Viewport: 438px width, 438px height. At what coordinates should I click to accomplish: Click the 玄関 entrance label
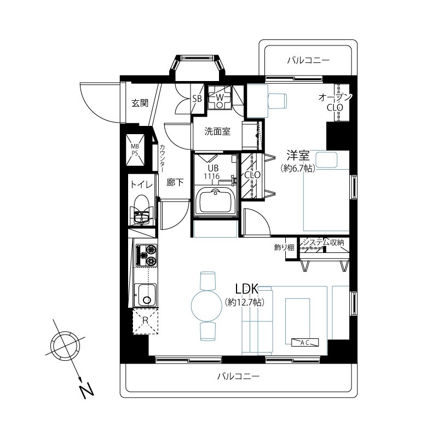pos(140,103)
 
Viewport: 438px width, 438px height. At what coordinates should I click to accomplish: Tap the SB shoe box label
pos(197,99)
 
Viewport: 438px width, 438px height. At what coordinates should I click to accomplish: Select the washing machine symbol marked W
pos(220,97)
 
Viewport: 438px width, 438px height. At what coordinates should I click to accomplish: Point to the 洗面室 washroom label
pos(217,131)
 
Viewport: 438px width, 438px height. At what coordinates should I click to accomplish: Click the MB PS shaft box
pos(135,149)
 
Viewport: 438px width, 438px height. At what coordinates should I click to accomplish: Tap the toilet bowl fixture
pos(142,210)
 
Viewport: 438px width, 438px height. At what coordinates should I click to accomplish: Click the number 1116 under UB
pos(211,176)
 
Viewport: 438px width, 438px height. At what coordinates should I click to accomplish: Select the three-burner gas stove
pos(146,255)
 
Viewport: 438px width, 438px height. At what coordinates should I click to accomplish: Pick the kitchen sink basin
pos(145,295)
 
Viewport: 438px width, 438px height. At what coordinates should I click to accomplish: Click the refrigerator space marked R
pos(145,321)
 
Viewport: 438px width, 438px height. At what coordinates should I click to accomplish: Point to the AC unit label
pos(304,342)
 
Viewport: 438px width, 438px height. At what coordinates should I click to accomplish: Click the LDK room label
pos(247,289)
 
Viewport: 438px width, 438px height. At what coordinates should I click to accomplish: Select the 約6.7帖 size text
pos(298,168)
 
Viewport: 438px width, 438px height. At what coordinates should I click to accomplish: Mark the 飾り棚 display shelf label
pos(284,247)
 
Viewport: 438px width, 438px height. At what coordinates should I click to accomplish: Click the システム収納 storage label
pos(324,242)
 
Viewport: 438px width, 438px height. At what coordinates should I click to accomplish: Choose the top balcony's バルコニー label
pos(308,60)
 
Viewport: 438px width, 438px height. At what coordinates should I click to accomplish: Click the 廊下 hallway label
pos(175,182)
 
